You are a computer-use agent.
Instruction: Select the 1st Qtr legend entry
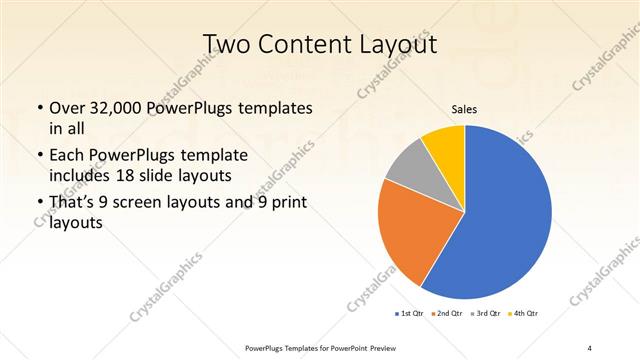pyautogui.click(x=411, y=314)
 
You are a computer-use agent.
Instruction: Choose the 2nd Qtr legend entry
pyautogui.click(x=447, y=314)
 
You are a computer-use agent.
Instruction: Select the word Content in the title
pyautogui.click(x=310, y=44)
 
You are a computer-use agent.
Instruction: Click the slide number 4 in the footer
pyautogui.click(x=589, y=347)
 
